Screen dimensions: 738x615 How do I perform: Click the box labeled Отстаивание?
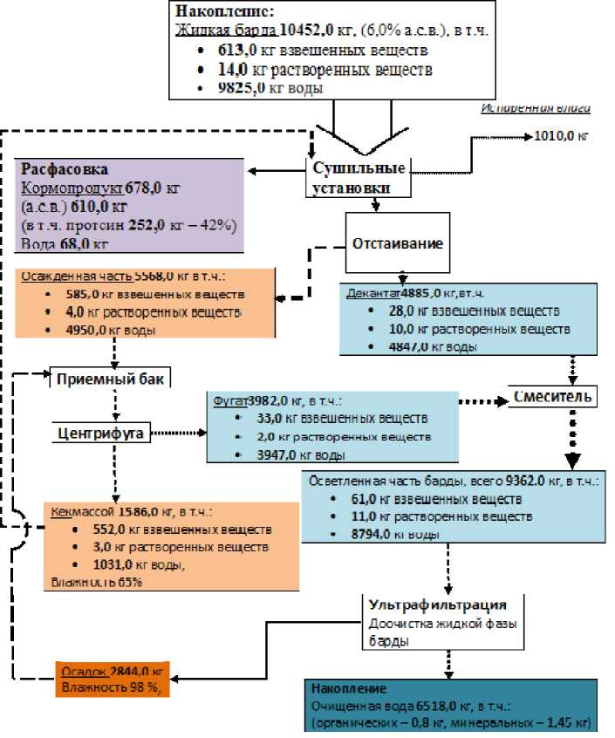coord(398,243)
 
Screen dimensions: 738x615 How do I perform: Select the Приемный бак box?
coord(109,379)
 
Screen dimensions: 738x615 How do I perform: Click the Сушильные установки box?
coord(346,178)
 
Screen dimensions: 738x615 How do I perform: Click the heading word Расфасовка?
coord(65,169)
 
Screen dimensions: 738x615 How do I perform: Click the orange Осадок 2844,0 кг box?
coord(113,679)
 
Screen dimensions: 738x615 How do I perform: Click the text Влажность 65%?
coord(95,582)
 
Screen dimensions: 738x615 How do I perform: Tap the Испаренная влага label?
coord(536,108)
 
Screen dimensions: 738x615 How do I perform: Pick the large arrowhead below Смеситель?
coord(572,460)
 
